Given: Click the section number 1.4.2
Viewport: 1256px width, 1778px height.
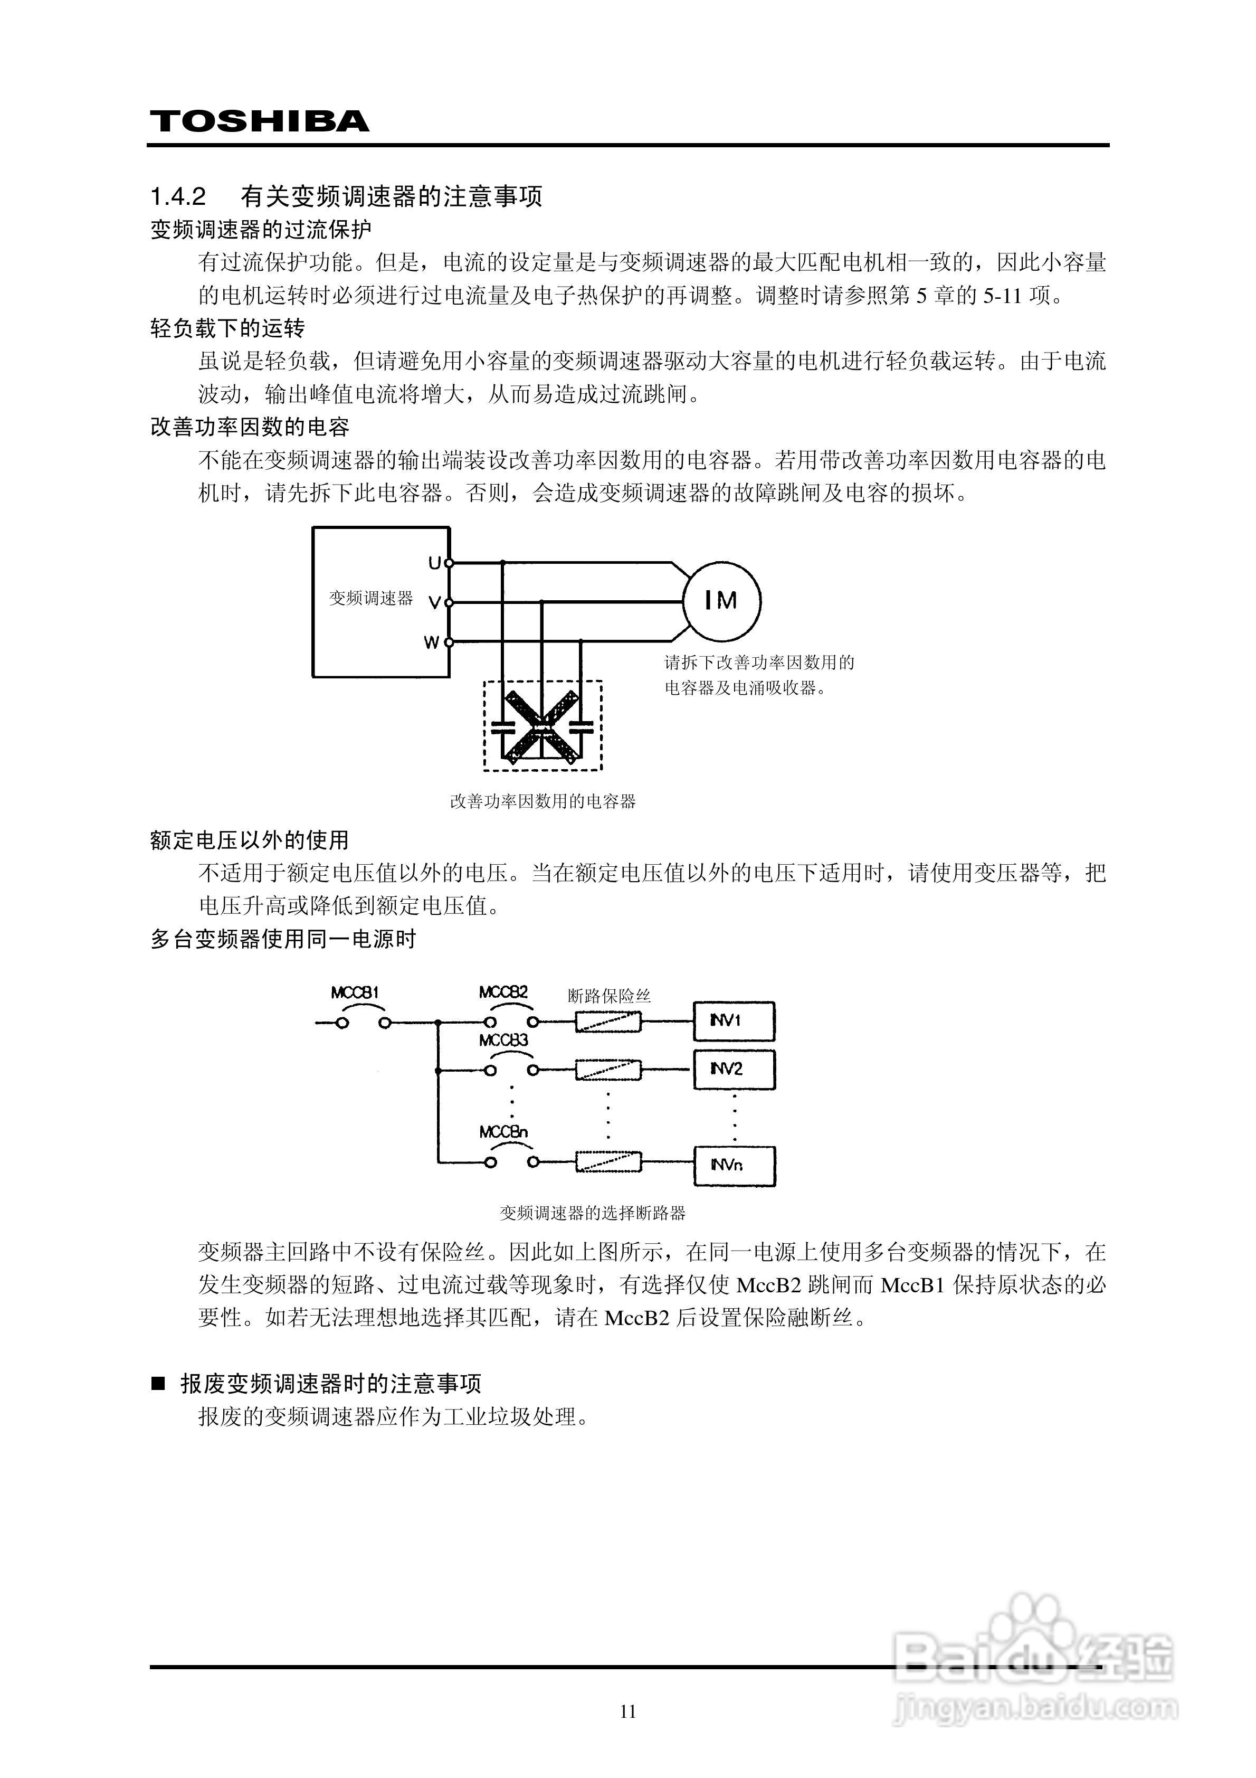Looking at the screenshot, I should [178, 197].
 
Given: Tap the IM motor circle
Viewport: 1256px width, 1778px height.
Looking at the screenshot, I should [721, 600].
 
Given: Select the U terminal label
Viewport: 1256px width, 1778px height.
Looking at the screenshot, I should [434, 563].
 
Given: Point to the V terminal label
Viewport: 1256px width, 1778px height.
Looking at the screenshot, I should [434, 602].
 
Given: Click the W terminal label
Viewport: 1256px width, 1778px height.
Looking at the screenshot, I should [431, 642].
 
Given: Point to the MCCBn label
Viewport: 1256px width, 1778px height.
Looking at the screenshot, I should [503, 1132].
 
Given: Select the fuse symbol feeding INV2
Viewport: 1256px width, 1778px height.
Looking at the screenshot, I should [608, 1070].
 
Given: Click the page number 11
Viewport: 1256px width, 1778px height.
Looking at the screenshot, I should [628, 1711].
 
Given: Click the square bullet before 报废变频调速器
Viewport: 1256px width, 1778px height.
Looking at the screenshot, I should [159, 1383].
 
